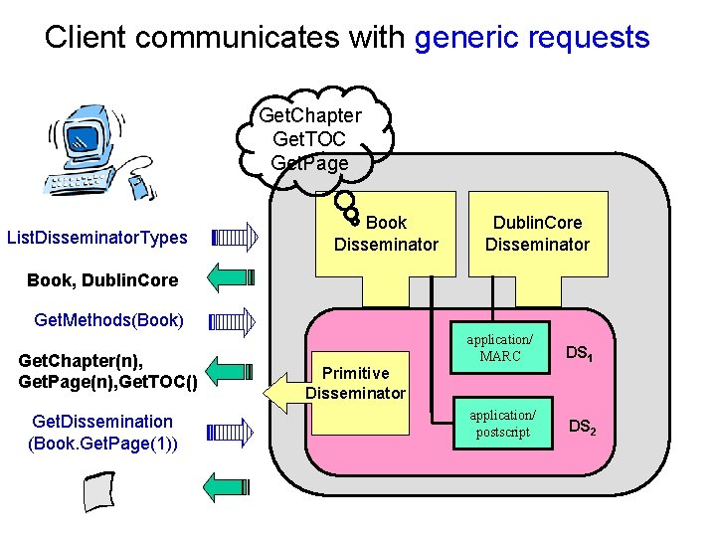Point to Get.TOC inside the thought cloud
308,138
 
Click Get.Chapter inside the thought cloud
310,115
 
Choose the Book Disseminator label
386,234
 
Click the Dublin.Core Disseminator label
537,234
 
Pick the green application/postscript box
502,423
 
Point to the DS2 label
583,427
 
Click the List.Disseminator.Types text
97,237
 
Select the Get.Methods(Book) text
108,320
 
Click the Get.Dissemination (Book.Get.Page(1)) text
103,432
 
